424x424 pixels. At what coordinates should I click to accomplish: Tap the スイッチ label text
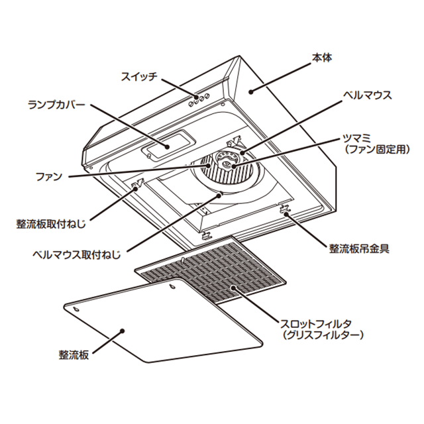click(x=138, y=76)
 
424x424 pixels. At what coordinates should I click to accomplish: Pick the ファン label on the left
click(x=48, y=177)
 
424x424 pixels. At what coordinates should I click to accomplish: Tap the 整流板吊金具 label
click(x=358, y=249)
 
